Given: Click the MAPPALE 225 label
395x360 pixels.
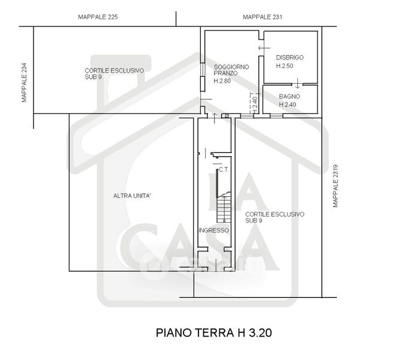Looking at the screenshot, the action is tap(98, 17).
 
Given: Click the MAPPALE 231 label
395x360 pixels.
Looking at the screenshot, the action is tap(263, 17).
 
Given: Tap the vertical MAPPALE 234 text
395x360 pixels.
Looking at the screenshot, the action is tap(24, 82).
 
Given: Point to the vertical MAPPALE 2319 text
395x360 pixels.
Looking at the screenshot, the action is tap(335, 186).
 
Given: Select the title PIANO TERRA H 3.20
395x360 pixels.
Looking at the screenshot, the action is tap(214, 333).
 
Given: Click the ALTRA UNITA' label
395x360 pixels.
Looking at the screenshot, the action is tap(132, 196).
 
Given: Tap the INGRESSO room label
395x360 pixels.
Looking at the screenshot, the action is tap(214, 230).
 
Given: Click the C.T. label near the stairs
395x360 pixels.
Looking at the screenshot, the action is tap(224, 170).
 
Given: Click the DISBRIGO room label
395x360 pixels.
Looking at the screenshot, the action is tap(290, 58).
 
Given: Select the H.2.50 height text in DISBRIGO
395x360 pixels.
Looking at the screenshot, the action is tap(285, 66).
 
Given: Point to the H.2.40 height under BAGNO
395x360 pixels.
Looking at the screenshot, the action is tap(288, 104).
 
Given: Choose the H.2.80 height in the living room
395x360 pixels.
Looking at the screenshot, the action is tap(222, 81).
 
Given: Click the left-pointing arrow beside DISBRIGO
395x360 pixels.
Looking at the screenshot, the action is tap(264, 48).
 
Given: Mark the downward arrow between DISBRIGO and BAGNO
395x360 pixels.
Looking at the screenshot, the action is tap(297, 83).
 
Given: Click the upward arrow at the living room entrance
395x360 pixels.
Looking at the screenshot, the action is tap(215, 118).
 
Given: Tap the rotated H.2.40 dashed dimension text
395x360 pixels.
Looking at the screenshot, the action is tap(255, 105).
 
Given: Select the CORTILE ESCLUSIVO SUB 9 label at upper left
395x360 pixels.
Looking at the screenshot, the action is tap(114, 74).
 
